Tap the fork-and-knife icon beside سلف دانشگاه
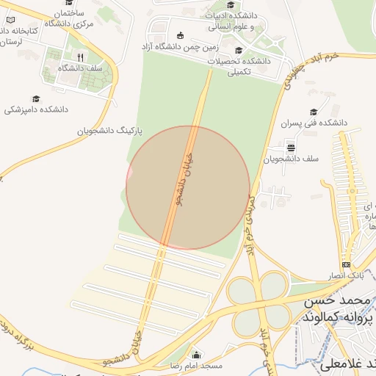[80, 57]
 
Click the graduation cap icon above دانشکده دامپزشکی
[36, 98]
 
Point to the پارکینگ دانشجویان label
[109, 130]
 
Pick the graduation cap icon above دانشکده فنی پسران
[314, 112]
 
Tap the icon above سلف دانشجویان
[291, 145]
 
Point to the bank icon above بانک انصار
[346, 264]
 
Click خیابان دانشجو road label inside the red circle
[181, 180]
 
